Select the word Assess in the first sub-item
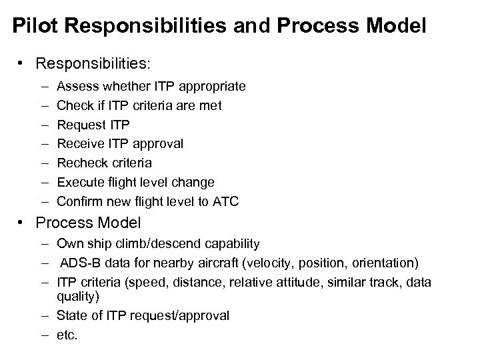pos(77,87)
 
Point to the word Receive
pos(78,144)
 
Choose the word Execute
pos(79,182)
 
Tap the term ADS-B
pos(79,263)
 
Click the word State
pos(71,315)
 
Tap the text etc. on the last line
pos(68,335)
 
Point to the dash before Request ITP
pos(43,125)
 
